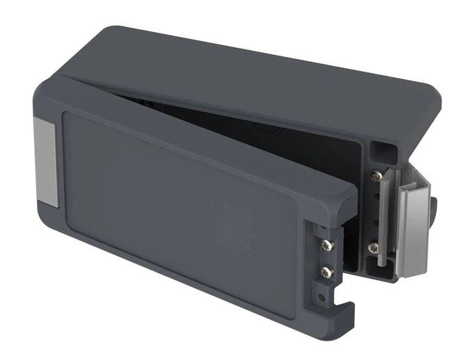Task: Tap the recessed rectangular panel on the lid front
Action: (x=177, y=202)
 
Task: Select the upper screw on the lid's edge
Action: (x=325, y=245)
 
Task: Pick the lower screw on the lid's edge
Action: (x=326, y=272)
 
